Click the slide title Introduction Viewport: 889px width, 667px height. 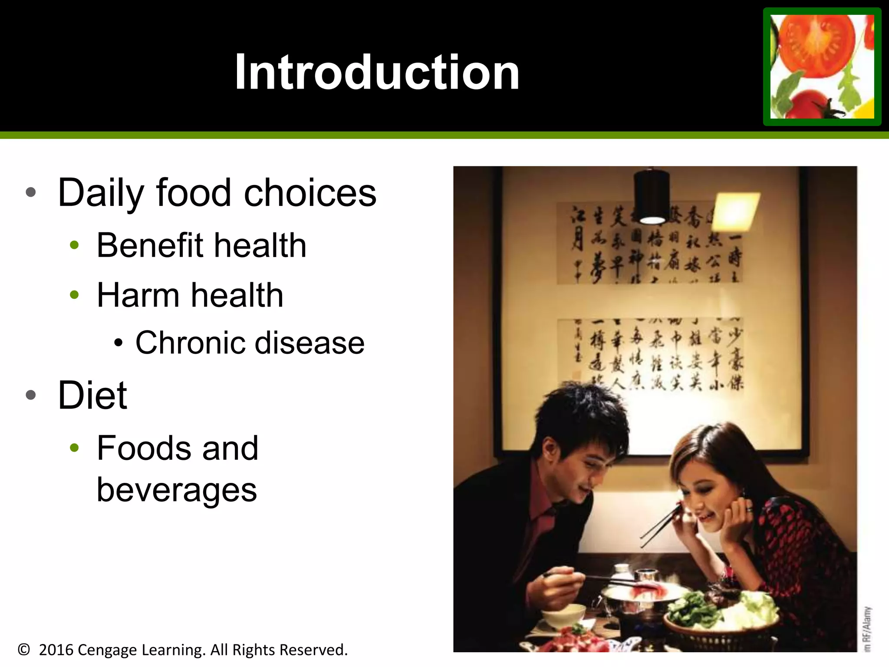tap(377, 72)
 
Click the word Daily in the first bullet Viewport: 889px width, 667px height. tap(101, 194)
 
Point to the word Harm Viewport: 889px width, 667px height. tap(138, 295)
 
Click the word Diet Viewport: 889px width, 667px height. tap(92, 396)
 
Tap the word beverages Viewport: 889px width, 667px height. tap(177, 490)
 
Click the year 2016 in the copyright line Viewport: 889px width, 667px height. tap(56, 650)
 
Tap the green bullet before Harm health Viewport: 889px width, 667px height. tap(74, 295)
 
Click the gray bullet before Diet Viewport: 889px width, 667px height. tap(30, 395)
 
